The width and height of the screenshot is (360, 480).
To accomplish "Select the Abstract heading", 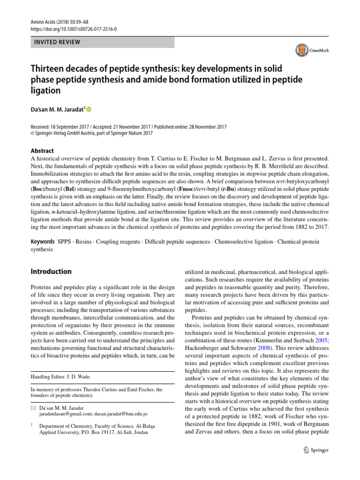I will click(x=42, y=151).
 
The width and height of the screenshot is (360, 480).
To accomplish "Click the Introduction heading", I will click(x=51, y=271).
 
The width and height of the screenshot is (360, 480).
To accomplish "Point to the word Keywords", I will click(x=42, y=242).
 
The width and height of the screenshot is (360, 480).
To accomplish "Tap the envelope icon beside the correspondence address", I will click(x=32, y=408).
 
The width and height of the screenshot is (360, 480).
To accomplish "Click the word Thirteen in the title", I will click(x=50, y=69).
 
